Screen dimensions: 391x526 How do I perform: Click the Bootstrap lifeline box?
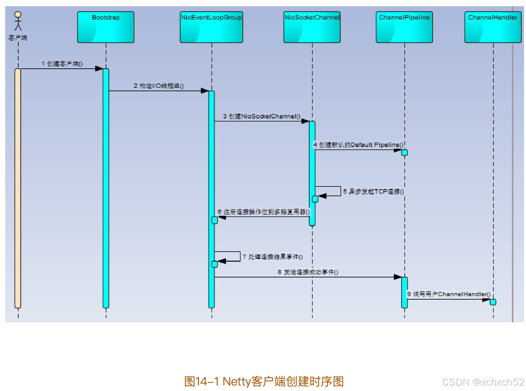[106, 27]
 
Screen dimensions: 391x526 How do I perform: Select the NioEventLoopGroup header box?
[211, 27]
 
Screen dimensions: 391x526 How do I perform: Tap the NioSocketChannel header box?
[312, 27]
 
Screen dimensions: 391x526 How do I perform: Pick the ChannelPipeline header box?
[404, 27]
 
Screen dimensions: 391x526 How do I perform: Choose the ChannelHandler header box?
[493, 27]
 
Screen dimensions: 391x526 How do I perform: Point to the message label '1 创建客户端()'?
[62, 64]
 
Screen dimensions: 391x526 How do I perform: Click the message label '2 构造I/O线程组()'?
[159, 86]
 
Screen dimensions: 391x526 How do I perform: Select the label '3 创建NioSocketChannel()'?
[261, 116]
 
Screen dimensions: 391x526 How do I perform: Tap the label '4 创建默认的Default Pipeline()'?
[358, 145]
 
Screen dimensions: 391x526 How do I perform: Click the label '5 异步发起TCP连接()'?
[373, 192]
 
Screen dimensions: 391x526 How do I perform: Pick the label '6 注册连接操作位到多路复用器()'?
[263, 212]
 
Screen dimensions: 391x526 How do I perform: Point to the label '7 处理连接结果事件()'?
[272, 257]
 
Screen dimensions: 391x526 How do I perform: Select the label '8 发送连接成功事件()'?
[308, 272]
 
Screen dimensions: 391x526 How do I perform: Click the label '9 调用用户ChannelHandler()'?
[448, 294]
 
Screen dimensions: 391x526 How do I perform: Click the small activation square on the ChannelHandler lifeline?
[493, 302]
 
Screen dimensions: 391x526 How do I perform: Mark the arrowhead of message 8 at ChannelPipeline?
[398, 277]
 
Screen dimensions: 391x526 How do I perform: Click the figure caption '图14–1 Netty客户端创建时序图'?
[264, 381]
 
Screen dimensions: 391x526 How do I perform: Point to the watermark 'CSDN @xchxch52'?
[483, 382]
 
